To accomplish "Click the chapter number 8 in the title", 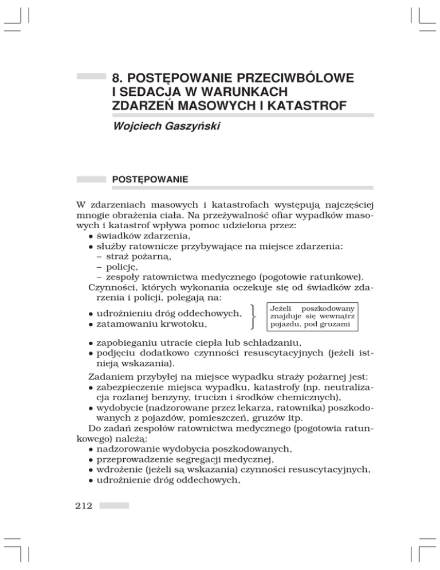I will point(117,77).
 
